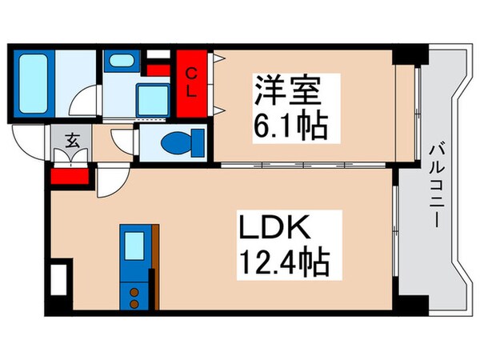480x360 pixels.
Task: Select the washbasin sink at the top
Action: pyautogui.click(x=121, y=61)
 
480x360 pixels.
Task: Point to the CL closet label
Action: pyautogui.click(x=192, y=82)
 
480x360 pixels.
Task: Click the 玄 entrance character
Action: pyautogui.click(x=70, y=142)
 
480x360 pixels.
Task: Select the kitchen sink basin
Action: pyautogui.click(x=133, y=243)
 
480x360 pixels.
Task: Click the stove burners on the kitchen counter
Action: pyautogui.click(x=133, y=297)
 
